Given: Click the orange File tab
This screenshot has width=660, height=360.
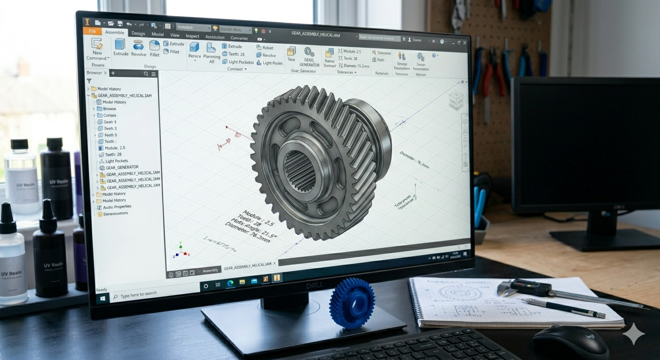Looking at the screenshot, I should tap(92, 31).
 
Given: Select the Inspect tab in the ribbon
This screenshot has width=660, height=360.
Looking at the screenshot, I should tap(192, 36).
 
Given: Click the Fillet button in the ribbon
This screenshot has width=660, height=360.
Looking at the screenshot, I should tap(155, 48).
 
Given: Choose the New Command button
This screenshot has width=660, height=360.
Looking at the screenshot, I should tap(97, 49).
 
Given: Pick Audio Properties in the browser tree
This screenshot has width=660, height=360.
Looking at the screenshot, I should tap(117, 207).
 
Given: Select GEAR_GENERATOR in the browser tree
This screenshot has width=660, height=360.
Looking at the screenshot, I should tap(122, 167).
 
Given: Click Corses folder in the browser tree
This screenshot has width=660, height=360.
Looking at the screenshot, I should tap(110, 115).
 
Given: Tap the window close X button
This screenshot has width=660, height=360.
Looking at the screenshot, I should tap(465, 43).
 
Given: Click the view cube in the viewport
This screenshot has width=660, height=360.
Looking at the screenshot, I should tap(456, 99).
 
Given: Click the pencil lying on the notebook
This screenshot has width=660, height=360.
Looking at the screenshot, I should tap(562, 308).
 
